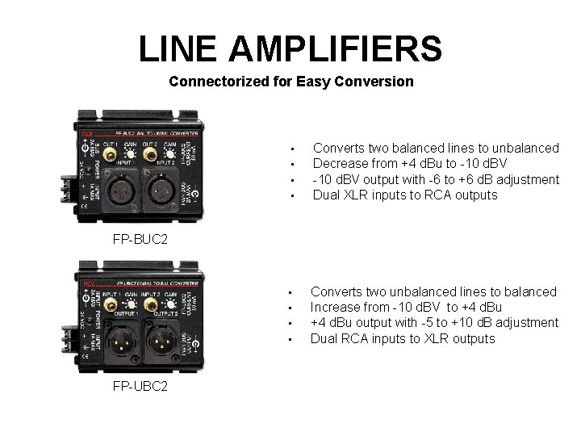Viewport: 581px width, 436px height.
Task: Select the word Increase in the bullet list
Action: point(338,308)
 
